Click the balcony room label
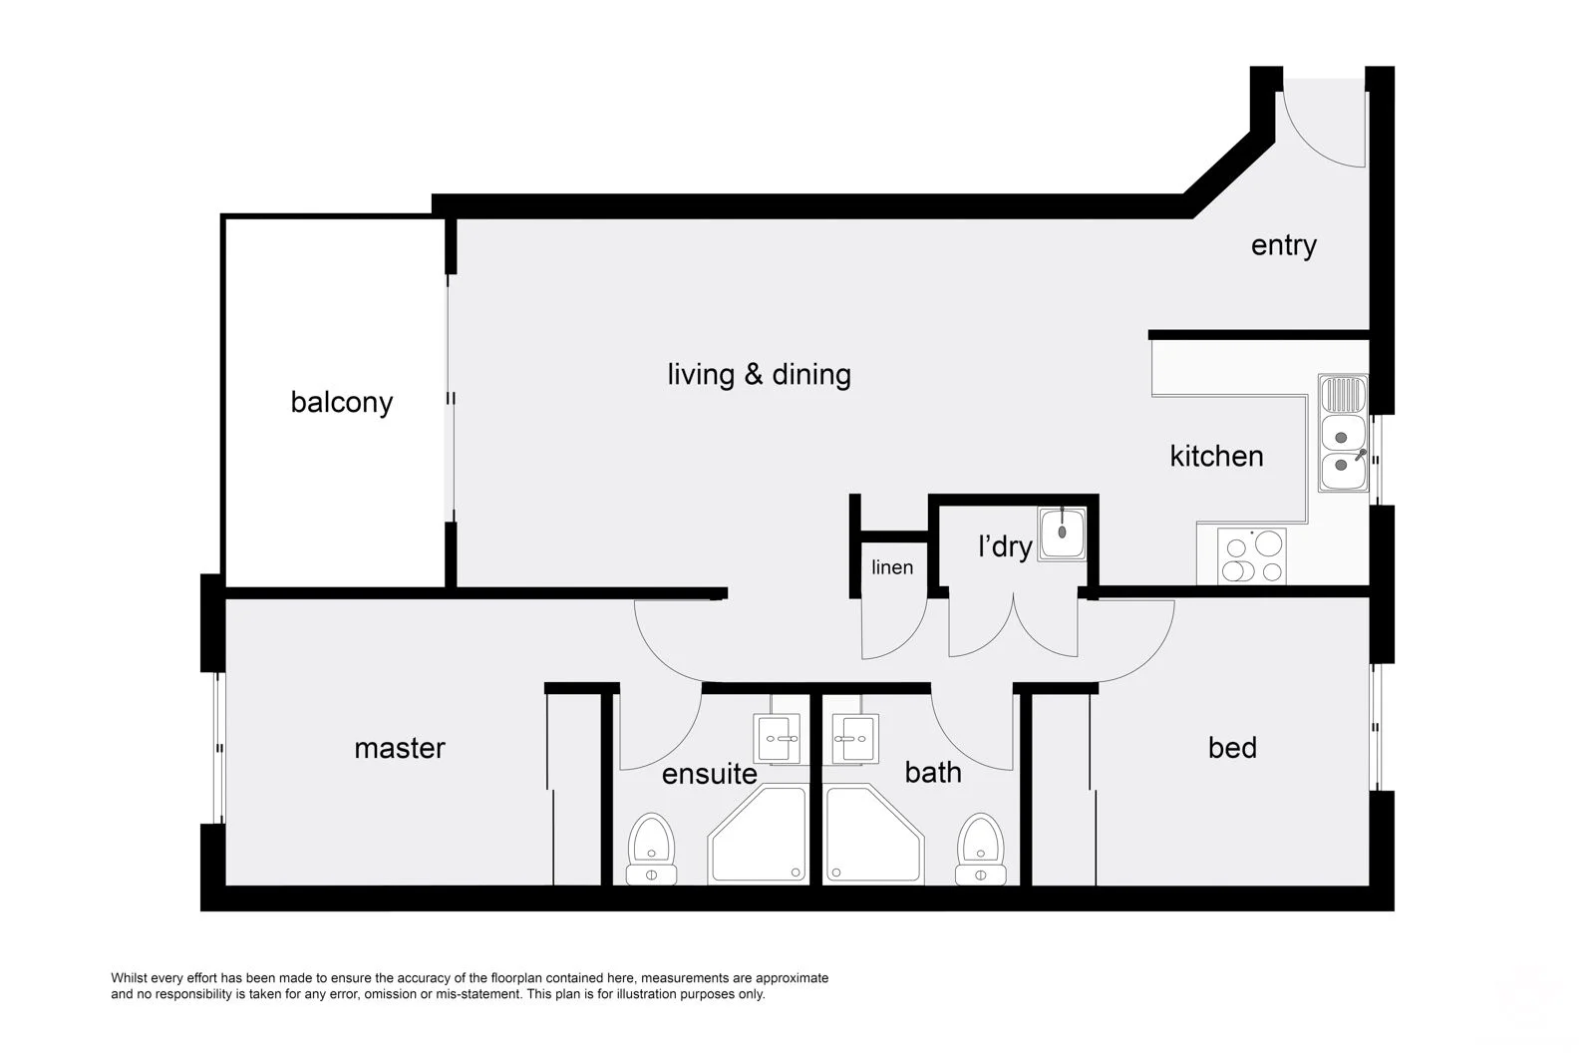click(341, 402)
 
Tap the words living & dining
click(759, 374)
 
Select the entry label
click(1283, 245)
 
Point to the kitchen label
click(1216, 456)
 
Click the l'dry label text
click(1004, 546)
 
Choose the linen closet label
click(891, 567)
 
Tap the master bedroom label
click(399, 748)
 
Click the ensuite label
click(709, 774)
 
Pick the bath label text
click(932, 772)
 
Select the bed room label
click(1231, 748)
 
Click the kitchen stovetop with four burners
click(1252, 556)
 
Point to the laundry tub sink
click(1062, 532)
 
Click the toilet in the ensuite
click(651, 850)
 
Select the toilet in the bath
click(980, 850)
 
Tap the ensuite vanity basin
click(778, 739)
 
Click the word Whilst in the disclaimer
click(130, 978)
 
